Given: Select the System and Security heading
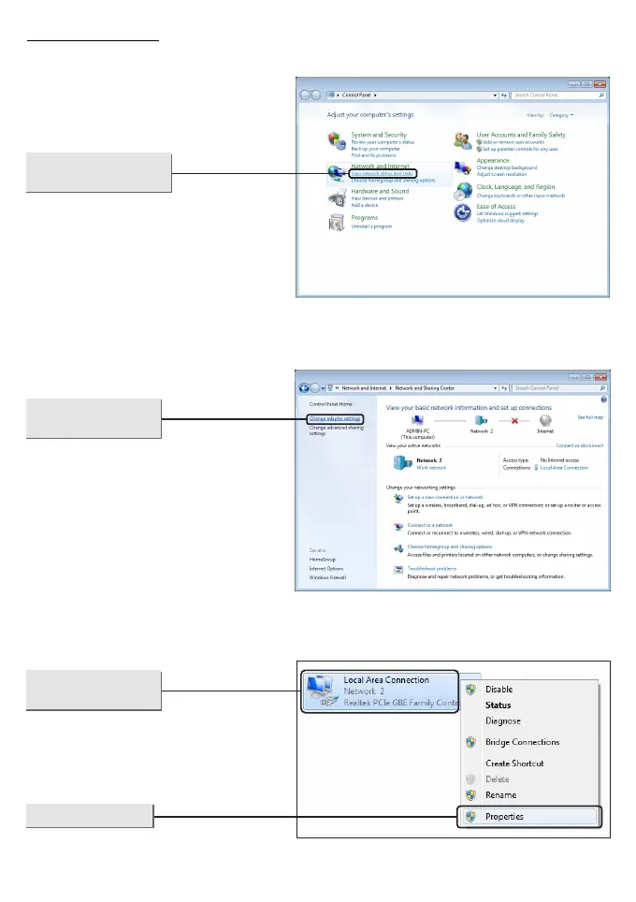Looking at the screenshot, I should pyautogui.click(x=379, y=135).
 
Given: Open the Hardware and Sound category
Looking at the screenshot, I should pyautogui.click(x=380, y=191).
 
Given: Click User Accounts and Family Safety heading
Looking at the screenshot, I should pyautogui.click(x=521, y=135).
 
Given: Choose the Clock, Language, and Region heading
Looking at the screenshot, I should pyautogui.click(x=515, y=187).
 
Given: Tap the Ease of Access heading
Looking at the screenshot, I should pyautogui.click(x=496, y=206).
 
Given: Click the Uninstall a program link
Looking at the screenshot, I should pyautogui.click(x=371, y=226).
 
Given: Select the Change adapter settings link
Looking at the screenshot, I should pyautogui.click(x=335, y=418).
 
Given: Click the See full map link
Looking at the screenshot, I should pyautogui.click(x=590, y=416).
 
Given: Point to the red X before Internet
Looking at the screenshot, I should pyautogui.click(x=513, y=420).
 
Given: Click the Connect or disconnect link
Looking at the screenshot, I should pyautogui.click(x=581, y=445).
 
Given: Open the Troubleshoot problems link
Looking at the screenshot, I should pyautogui.click(x=432, y=568).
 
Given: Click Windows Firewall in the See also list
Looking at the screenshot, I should pyautogui.click(x=327, y=577).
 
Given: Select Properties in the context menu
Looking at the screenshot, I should pyautogui.click(x=504, y=816).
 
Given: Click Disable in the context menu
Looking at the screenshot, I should pyautogui.click(x=499, y=690).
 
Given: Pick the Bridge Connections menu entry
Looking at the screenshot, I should pyautogui.click(x=522, y=742).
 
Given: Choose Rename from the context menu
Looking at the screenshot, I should pyautogui.click(x=500, y=795).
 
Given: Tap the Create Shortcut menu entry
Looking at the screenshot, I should pyautogui.click(x=514, y=764).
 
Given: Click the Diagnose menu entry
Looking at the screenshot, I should pyautogui.click(x=503, y=721).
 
